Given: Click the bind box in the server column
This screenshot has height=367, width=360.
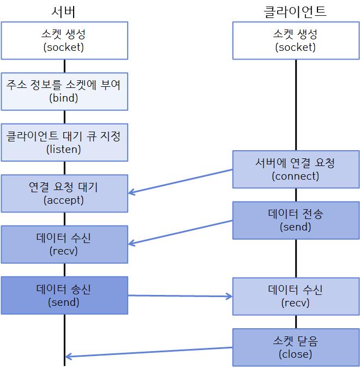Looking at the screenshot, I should point(64,91).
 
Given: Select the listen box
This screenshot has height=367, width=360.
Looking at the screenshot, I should point(64,142).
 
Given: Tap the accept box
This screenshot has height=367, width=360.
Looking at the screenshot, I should point(64,193).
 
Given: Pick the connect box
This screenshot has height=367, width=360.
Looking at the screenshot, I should point(296,169).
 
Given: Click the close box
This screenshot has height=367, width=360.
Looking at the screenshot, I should point(296,347).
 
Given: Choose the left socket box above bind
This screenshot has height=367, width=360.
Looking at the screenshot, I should point(64,40).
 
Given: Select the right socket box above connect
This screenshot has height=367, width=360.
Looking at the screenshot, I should point(296,40).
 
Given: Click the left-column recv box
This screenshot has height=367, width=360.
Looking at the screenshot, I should point(64,244).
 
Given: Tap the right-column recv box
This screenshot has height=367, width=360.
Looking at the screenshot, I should point(296,296).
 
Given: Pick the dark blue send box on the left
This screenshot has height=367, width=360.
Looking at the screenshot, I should point(64,295).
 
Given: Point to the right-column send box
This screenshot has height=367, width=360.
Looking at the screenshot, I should point(296,220).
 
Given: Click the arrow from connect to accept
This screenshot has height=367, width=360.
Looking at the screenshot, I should point(180,181).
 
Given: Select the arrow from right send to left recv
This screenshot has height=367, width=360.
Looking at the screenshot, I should point(180,232).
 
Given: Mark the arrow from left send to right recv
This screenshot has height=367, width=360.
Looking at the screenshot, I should point(180,296).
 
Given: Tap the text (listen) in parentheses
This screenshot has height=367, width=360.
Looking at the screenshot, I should point(64,149).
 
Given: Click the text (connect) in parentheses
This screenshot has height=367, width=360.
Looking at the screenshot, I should point(296,176).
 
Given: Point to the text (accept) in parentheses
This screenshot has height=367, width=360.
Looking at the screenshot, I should point(64,200).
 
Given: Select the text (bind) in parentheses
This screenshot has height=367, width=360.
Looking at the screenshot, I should point(64,98).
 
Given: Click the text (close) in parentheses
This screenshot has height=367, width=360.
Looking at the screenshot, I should point(296,354).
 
